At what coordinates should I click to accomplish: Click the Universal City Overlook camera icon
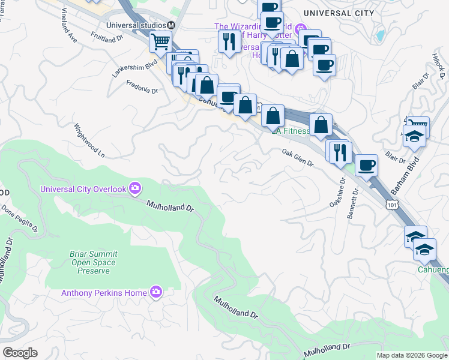pyautogui.click(x=135, y=189)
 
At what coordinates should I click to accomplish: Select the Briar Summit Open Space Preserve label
pyautogui.click(x=93, y=262)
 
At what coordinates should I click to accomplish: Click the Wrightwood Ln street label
pyautogui.click(x=89, y=140)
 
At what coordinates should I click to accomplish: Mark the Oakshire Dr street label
pyautogui.click(x=336, y=191)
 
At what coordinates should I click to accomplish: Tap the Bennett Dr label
pyautogui.click(x=352, y=203)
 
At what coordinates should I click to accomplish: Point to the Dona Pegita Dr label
pyautogui.click(x=19, y=220)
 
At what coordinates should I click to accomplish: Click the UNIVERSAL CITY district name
pyautogui.click(x=339, y=13)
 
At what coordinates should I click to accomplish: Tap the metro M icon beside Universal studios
pyautogui.click(x=171, y=25)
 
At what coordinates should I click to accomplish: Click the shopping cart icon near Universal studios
pyautogui.click(x=160, y=41)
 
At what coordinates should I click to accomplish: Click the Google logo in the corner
pyautogui.click(x=20, y=353)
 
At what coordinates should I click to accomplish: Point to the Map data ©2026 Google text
pyautogui.click(x=411, y=355)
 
